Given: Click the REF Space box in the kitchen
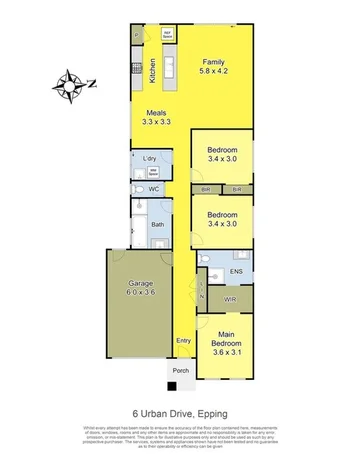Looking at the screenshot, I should click(169, 35).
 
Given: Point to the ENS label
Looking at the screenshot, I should click(236, 271).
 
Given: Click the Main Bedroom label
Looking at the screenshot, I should click(229, 344).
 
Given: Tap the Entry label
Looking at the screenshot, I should click(183, 341).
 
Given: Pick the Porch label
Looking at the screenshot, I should click(180, 371).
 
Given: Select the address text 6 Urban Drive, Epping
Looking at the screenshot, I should click(180, 410).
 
